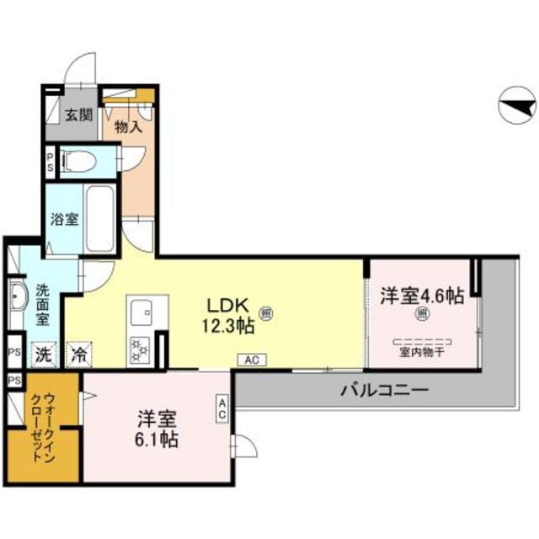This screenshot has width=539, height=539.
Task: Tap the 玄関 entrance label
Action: [x=80, y=114]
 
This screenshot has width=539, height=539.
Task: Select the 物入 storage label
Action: [x=127, y=126]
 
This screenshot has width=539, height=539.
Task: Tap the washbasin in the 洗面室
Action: [x=19, y=297]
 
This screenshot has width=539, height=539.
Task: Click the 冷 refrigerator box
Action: [x=80, y=354]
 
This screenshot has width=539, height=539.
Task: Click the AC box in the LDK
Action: [x=251, y=360]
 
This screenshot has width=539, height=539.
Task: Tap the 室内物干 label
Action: [x=421, y=355]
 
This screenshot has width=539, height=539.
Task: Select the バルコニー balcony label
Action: [x=385, y=390]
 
